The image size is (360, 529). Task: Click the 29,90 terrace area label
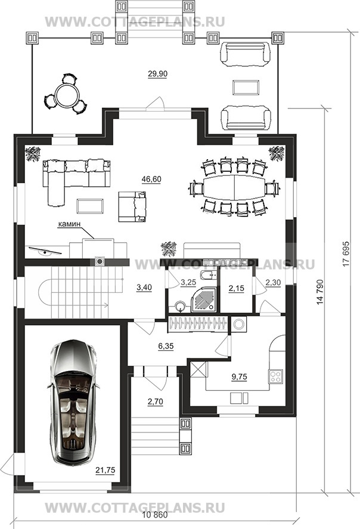coord(157,73)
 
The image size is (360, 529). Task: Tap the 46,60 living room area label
coord(151,179)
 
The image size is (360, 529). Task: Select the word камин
coord(69,224)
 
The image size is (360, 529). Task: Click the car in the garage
coord(73,402)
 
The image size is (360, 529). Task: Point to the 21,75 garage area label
coord(105,470)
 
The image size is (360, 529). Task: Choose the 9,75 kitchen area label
coord(240,377)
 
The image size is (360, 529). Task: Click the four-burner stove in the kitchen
coord(276,376)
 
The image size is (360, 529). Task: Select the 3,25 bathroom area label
coord(188,282)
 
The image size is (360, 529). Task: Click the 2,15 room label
coord(236,289)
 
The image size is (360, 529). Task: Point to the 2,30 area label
coord(273,282)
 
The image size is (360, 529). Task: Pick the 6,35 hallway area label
coord(166,347)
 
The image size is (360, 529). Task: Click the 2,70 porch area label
coord(155,401)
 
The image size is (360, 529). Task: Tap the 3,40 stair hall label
coord(144,287)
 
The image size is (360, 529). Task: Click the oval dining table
coord(234,188)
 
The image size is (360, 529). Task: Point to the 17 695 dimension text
coord(346,253)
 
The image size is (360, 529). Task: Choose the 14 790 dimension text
coord(320,292)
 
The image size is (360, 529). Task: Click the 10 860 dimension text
coord(155,515)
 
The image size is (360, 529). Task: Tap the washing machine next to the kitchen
coord(239,324)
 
